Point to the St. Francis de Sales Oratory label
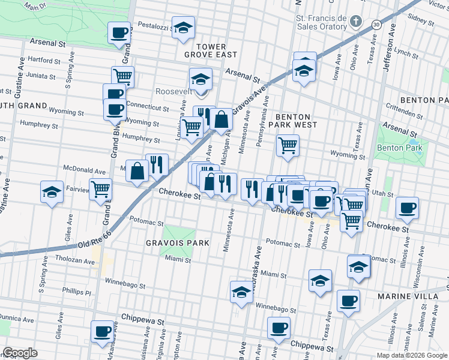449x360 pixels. (x=321, y=22)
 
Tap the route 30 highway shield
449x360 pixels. (x=376, y=24)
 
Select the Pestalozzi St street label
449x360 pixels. (x=155, y=26)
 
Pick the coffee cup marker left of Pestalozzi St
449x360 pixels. (x=119, y=32)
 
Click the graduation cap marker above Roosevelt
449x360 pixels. (x=200, y=78)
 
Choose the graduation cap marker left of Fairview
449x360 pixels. (x=52, y=192)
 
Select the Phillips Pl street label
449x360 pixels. (x=76, y=293)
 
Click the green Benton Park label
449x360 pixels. (x=399, y=148)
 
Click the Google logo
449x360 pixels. (x=20, y=353)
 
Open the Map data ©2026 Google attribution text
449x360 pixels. (x=411, y=355)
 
